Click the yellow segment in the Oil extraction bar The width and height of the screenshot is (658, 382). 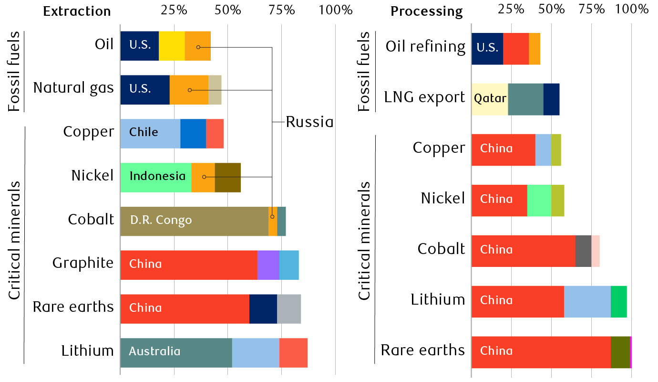(x=172, y=46)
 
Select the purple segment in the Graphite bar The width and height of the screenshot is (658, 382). (x=268, y=265)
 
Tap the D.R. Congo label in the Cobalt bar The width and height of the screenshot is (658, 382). (x=161, y=221)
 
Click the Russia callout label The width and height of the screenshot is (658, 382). (x=309, y=122)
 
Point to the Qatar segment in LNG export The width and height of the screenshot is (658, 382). (x=490, y=99)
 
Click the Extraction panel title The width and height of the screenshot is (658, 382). (x=77, y=11)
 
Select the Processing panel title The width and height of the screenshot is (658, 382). (x=427, y=11)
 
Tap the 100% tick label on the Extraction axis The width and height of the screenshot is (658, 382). (x=336, y=10)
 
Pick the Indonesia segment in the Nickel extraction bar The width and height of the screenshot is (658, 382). (x=156, y=177)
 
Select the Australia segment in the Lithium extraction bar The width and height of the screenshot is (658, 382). (x=176, y=352)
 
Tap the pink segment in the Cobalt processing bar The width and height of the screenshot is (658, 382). (x=596, y=251)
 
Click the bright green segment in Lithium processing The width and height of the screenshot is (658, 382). (x=618, y=301)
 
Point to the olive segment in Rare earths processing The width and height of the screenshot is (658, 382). (x=620, y=352)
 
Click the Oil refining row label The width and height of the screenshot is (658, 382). (x=425, y=46)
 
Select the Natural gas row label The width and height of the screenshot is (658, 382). (x=73, y=88)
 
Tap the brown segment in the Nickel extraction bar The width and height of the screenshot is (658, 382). (x=227, y=177)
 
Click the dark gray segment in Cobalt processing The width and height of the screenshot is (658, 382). (x=583, y=251)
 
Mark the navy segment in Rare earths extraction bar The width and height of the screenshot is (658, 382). (x=263, y=308)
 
